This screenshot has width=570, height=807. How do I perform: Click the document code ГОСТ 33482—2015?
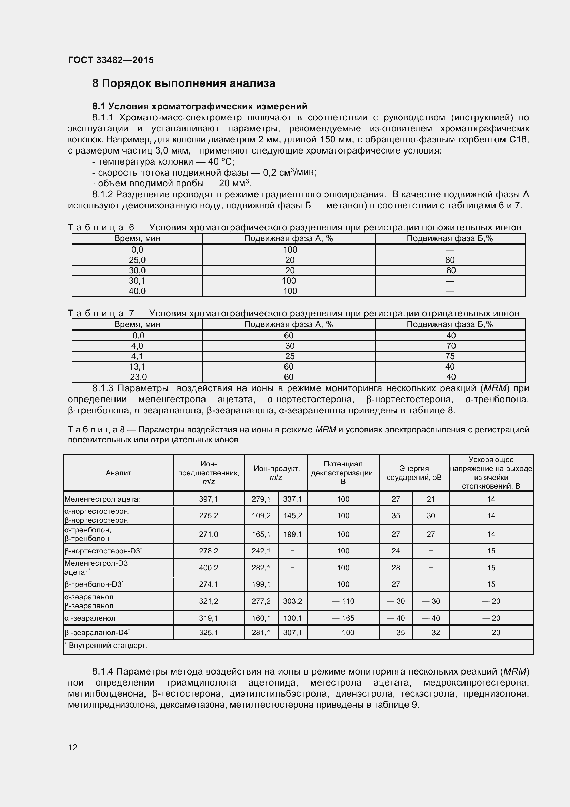click(111, 60)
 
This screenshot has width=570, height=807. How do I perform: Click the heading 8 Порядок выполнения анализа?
click(184, 83)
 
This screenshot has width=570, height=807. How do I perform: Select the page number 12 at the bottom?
click(73, 747)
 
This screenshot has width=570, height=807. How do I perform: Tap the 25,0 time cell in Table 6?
click(137, 260)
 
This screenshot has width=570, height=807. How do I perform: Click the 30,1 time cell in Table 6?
click(137, 281)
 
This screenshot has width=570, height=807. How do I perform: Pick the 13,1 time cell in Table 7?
click(137, 367)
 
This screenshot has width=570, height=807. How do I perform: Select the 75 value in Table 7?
click(450, 356)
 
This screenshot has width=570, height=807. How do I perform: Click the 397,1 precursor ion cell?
click(209, 499)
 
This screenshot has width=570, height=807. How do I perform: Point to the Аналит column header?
click(118, 473)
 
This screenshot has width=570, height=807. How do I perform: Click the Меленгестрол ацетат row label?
click(103, 499)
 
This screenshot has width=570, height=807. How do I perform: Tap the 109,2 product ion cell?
click(261, 515)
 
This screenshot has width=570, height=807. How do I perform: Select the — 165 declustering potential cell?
click(343, 618)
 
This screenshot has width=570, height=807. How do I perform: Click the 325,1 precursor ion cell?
click(209, 632)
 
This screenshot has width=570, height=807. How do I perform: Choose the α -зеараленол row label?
click(90, 618)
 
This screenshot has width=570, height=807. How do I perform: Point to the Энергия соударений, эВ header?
click(414, 473)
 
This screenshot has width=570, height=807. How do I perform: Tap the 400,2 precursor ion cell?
click(209, 567)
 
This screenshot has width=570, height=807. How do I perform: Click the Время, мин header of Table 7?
click(137, 324)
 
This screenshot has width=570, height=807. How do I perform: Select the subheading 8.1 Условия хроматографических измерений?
click(200, 106)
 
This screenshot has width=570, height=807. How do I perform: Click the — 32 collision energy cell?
click(431, 632)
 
